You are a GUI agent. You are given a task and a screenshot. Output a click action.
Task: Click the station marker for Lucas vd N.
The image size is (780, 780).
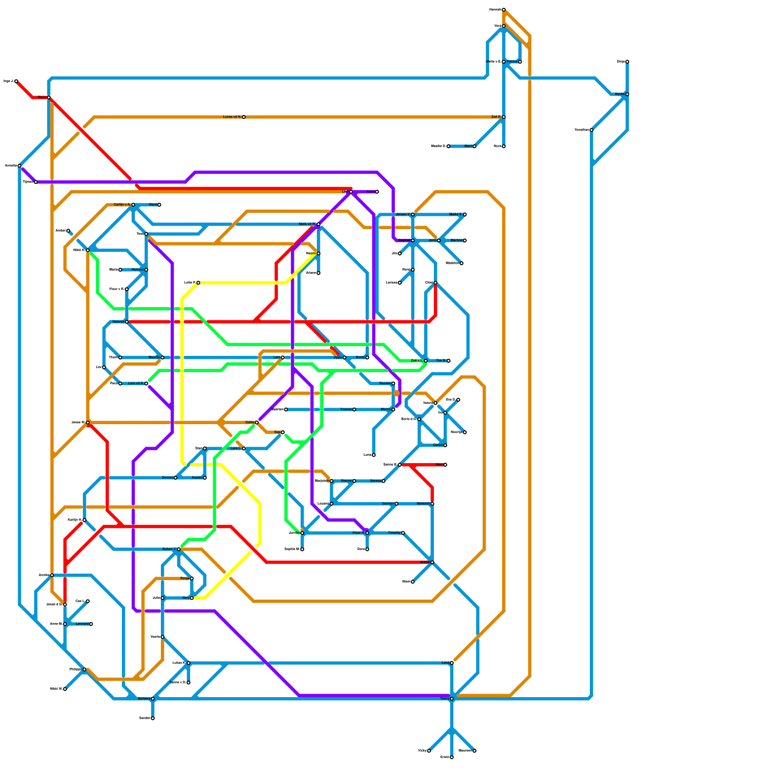coord(244,117)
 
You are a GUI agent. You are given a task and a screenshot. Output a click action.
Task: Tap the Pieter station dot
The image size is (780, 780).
coord(49,97)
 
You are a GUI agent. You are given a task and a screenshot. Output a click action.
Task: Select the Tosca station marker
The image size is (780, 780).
coord(452,699)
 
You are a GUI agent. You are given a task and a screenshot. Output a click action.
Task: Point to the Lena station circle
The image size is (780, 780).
coord(452,663)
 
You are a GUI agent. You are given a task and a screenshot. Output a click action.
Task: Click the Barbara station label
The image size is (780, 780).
coord(144,699)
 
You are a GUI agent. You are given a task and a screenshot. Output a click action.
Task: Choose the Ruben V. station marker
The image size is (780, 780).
coord(179,549)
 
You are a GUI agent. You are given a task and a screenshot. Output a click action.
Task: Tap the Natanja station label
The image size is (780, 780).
coord(118,322)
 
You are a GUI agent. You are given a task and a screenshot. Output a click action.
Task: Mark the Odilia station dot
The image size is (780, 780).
coord(257,422)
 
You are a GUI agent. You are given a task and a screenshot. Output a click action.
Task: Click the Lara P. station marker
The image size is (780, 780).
coord(198,283)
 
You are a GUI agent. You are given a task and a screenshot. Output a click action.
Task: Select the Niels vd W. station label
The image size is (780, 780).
coord(307,224)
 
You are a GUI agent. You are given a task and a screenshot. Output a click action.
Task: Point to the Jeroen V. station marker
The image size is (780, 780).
coord(413,214)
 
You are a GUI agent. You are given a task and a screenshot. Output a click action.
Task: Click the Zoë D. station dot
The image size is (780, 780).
coord(504,117)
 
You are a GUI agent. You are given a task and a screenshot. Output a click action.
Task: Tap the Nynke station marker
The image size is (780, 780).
coord(627,94)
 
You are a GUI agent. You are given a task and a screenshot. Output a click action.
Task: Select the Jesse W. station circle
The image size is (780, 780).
coord(88,422)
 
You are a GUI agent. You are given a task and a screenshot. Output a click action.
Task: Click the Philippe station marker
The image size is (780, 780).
coord(84,669)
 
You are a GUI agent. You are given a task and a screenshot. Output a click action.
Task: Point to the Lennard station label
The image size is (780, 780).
coord(82,624)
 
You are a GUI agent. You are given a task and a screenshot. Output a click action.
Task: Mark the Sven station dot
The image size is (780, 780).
coord(445,465)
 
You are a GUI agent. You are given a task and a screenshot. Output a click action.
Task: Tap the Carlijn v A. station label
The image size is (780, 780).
coord(121,205)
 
